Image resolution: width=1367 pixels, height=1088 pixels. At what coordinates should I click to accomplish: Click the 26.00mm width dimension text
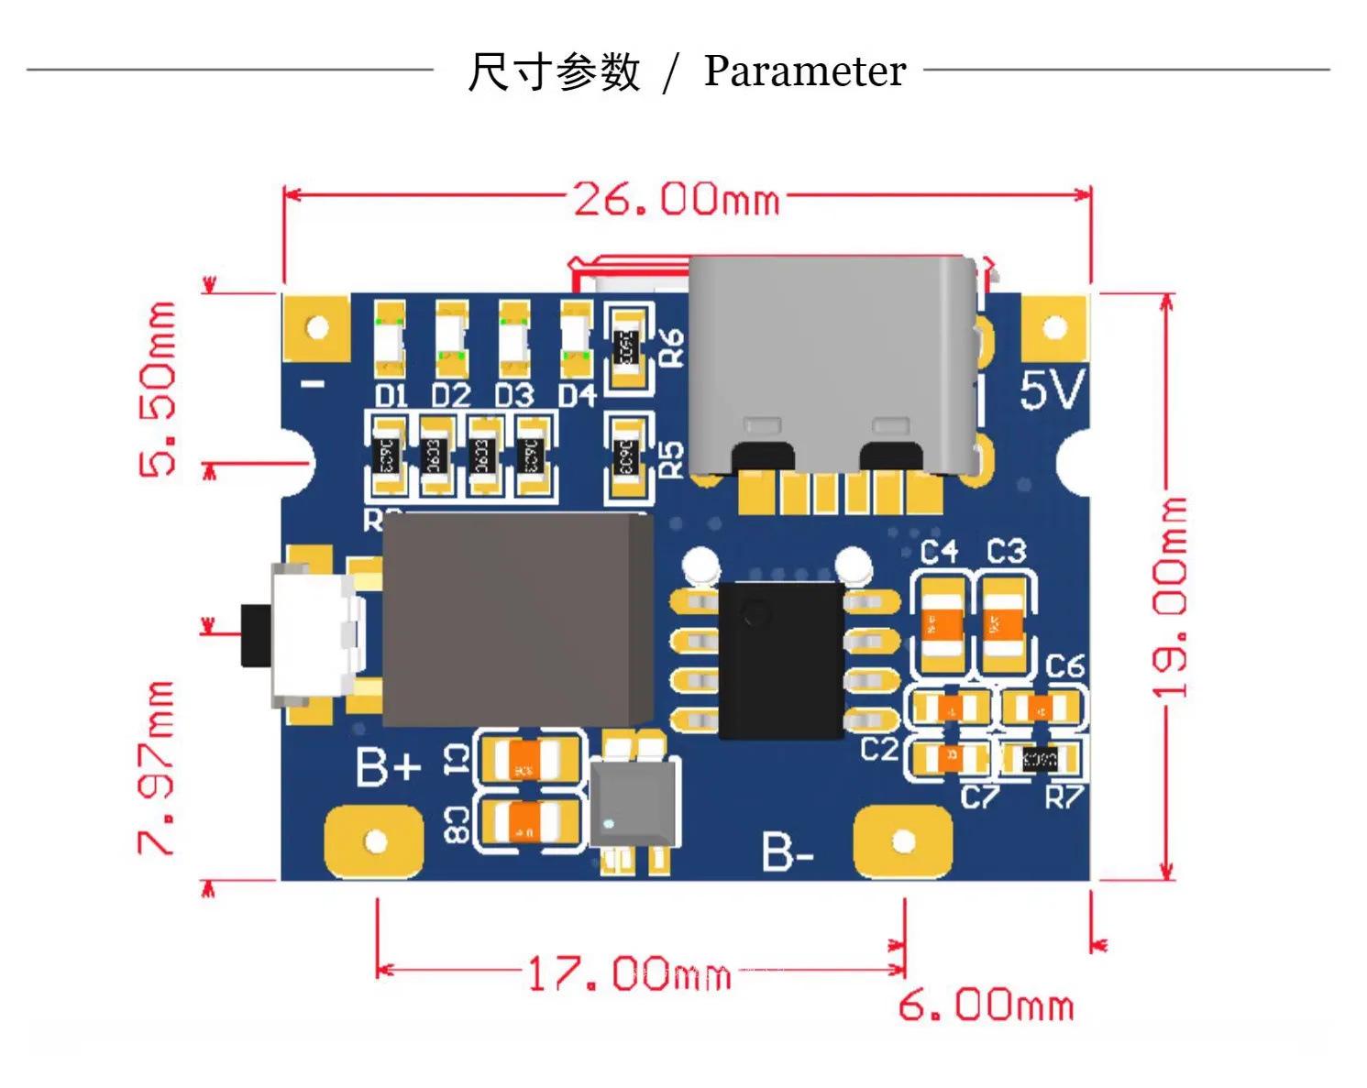(x=677, y=198)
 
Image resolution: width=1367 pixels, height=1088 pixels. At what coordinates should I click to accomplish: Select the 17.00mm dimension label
(x=629, y=973)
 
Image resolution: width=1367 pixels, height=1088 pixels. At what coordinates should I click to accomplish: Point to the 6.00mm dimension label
(x=986, y=1006)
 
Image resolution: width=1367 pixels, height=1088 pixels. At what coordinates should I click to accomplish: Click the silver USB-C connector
(x=831, y=367)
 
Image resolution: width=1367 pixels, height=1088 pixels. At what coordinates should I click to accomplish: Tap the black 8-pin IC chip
(x=780, y=660)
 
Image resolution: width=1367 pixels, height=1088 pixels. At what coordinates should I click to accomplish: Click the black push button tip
(x=251, y=635)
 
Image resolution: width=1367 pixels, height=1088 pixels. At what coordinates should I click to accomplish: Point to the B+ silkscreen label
(x=388, y=767)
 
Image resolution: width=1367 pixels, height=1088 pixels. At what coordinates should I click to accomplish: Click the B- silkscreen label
(x=787, y=853)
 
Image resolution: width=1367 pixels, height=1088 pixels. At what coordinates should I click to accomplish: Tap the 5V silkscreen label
(x=1052, y=391)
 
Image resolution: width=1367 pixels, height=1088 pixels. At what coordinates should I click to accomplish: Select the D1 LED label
(x=391, y=396)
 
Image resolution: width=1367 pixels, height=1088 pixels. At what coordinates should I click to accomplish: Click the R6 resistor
(x=627, y=346)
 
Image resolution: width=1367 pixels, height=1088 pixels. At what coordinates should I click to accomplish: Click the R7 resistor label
(x=1064, y=797)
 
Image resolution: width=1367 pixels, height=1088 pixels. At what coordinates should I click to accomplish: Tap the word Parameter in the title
(x=804, y=71)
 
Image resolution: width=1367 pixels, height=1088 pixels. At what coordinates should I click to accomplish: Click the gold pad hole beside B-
(x=903, y=841)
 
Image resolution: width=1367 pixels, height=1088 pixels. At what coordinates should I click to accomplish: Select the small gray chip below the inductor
(x=634, y=803)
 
